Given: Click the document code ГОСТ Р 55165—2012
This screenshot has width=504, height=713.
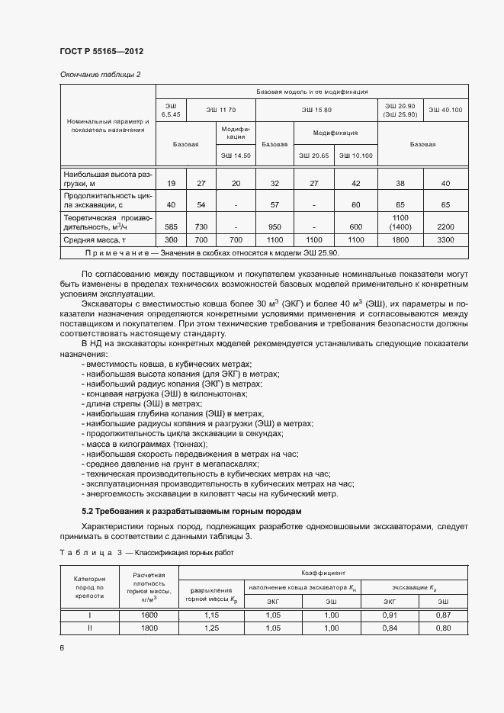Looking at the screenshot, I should coord(101,51).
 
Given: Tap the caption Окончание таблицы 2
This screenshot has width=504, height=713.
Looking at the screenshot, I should coord(100,74).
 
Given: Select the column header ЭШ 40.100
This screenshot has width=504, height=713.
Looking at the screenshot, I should coord(445,110).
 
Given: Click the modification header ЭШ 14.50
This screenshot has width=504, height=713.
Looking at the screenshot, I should coord(236,156).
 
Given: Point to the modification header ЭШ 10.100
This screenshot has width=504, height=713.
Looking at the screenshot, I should coord(355,156).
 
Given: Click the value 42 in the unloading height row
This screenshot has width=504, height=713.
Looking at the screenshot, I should coord(356,184).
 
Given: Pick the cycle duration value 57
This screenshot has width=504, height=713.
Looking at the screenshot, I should coord(274,205).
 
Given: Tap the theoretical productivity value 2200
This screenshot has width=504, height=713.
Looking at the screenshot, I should coord(445,227).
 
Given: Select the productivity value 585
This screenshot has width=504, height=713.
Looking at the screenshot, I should coord(171,227).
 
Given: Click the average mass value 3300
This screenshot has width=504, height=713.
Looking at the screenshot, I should coord(445,239).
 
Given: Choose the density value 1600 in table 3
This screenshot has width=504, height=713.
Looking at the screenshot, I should coord(149,615).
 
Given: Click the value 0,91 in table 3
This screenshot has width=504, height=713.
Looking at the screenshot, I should coord(389,615).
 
